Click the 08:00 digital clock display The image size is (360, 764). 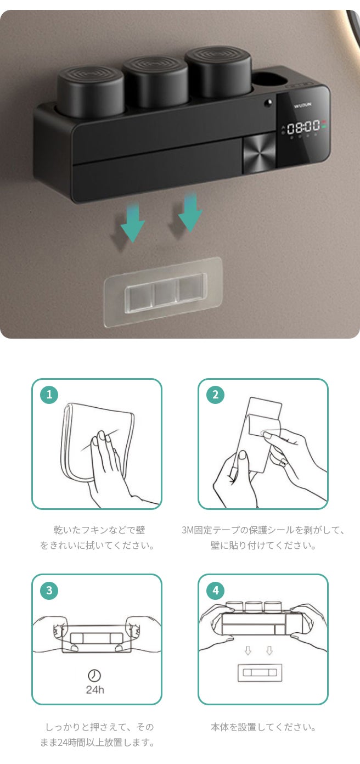pyautogui.click(x=303, y=127)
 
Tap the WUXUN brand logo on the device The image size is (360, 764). pyautogui.click(x=302, y=105)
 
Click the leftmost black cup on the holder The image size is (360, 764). pyautogui.click(x=91, y=92)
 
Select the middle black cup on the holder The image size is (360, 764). pyautogui.click(x=155, y=81)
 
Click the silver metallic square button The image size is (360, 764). pyautogui.click(x=259, y=153)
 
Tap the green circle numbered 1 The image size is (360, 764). pyautogui.click(x=49, y=395)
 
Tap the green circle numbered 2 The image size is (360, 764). pyautogui.click(x=216, y=395)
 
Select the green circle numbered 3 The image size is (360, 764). pyautogui.click(x=49, y=591)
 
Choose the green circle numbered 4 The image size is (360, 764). pyautogui.click(x=216, y=591)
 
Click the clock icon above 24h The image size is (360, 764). pyautogui.click(x=94, y=675)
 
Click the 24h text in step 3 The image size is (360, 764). pyautogui.click(x=95, y=690)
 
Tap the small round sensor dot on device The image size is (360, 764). pyautogui.click(x=268, y=102)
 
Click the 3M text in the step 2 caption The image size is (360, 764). pyautogui.click(x=187, y=530)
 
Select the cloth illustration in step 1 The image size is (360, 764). pyautogui.click(x=97, y=442)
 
